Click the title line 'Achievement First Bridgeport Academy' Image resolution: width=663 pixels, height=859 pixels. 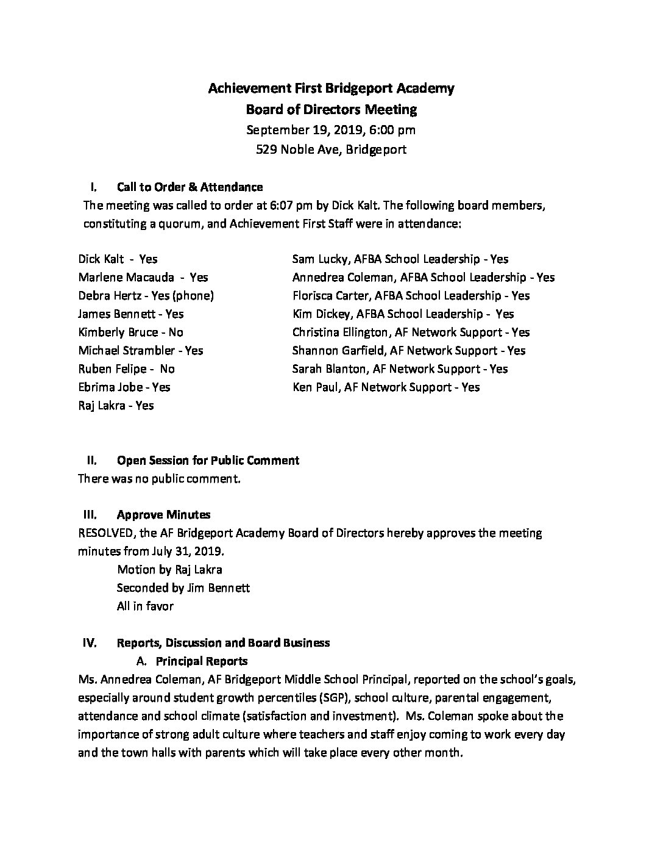(331, 88)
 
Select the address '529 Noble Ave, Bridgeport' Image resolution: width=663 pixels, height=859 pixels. (331, 149)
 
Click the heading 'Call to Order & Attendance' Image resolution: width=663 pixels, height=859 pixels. (190, 187)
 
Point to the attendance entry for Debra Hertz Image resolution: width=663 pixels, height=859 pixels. (146, 296)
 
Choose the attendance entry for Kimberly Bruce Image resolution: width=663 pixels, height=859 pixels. (130, 332)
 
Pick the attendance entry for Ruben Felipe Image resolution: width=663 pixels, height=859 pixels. (126, 369)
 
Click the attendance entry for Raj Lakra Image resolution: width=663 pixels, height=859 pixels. (116, 406)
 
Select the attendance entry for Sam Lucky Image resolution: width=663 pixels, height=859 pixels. (400, 259)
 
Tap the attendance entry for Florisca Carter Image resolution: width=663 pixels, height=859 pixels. (411, 296)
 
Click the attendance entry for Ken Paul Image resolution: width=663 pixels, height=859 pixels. (386, 387)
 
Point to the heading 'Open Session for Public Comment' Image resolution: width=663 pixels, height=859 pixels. (208, 460)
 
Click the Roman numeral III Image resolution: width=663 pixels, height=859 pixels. (89, 515)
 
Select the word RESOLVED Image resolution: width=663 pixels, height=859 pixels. (107, 533)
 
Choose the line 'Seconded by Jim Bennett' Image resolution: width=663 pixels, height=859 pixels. (183, 588)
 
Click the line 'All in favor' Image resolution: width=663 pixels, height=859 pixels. (145, 606)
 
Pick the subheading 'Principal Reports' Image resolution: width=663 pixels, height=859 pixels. (202, 661)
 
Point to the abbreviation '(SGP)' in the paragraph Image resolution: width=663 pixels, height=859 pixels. (334, 697)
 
